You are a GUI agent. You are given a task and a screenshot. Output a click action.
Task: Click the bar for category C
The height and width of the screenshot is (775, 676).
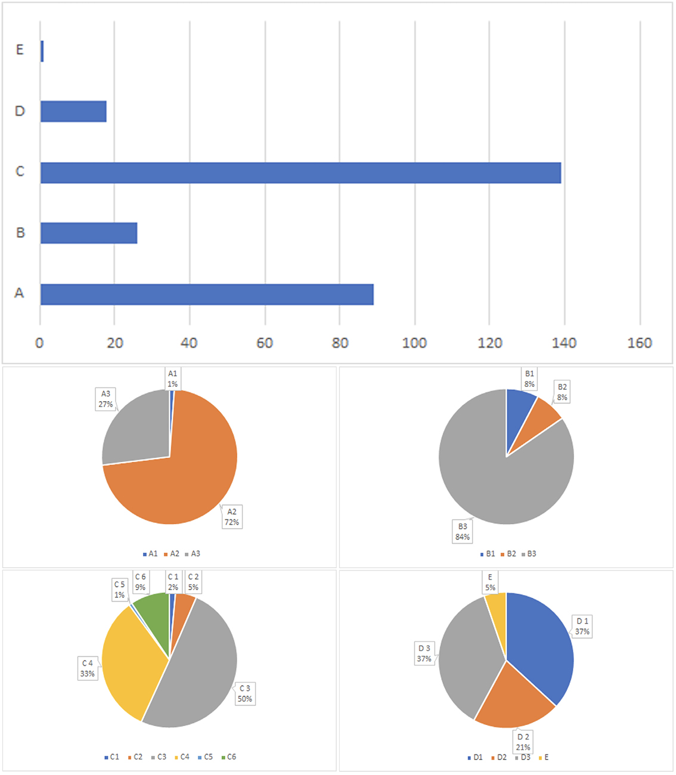300,173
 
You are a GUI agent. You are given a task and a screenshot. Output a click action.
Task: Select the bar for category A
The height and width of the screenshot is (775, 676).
207,294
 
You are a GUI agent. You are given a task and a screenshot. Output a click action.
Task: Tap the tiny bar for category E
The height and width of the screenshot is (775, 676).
42,51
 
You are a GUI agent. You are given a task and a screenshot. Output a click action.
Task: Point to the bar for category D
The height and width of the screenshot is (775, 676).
73,111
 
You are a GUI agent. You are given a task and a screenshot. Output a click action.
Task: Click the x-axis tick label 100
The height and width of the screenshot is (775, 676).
414,343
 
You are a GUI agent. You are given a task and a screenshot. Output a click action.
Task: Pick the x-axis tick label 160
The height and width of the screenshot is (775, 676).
640,343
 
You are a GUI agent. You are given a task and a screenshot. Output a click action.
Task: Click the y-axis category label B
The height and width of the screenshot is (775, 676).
20,232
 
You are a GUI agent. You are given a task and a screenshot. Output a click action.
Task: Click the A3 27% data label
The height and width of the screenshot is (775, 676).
106,399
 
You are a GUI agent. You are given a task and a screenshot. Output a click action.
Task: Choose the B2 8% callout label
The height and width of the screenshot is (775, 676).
562,392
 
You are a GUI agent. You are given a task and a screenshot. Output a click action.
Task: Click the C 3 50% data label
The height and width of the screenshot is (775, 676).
245,693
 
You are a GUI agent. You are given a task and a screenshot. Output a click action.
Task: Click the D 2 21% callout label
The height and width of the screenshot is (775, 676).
523,742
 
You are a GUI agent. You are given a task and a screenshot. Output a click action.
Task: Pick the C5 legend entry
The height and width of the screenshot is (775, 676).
205,757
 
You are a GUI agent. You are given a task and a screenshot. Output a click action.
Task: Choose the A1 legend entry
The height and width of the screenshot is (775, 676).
150,554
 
